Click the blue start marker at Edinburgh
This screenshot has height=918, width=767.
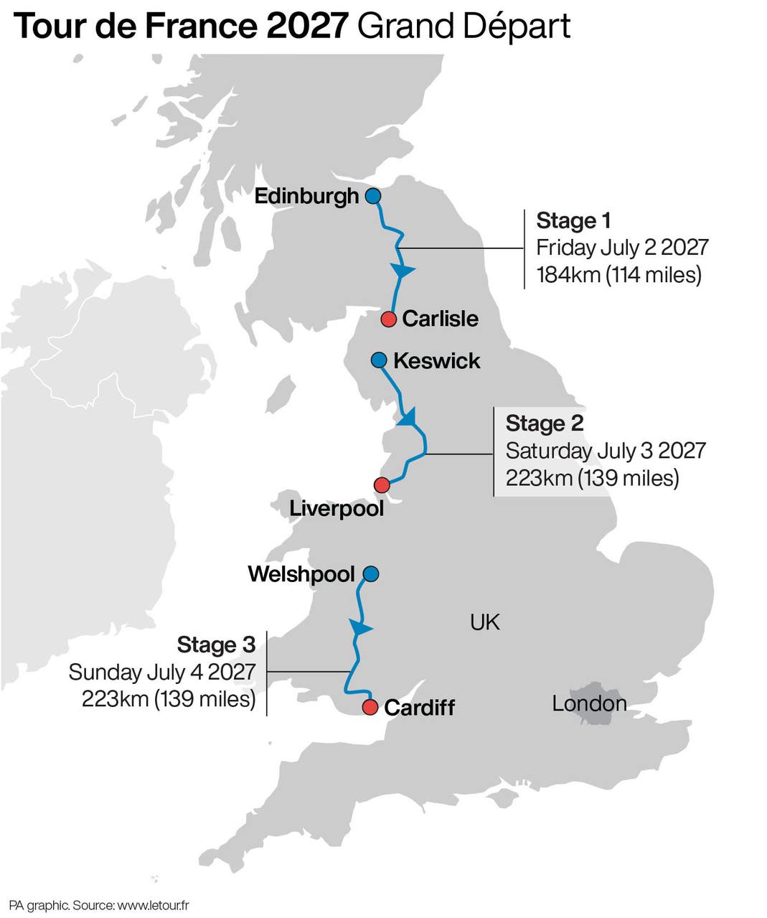(372, 196)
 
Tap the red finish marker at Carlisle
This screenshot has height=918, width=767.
(388, 319)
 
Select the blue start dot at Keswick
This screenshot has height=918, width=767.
(379, 360)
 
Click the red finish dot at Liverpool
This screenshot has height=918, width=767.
(382, 485)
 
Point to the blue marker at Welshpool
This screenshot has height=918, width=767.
(370, 574)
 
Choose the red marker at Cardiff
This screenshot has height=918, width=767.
(370, 708)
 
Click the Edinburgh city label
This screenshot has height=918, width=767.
(306, 196)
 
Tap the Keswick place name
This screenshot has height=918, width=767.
(436, 360)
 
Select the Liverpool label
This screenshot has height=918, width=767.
(337, 509)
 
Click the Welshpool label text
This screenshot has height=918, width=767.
(301, 574)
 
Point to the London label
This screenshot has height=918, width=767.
(589, 703)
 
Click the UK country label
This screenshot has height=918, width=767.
(485, 622)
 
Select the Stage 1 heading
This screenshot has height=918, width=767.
(573, 220)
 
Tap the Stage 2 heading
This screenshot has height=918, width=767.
(545, 423)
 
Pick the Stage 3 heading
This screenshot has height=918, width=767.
(216, 645)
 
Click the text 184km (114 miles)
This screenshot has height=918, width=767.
(618, 275)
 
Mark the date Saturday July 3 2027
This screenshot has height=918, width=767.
(606, 451)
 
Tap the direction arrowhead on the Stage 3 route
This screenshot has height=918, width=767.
(361, 629)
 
